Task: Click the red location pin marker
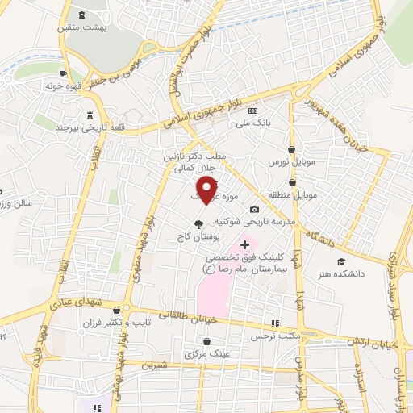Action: [207, 190]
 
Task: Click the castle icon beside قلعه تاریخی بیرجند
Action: [90, 115]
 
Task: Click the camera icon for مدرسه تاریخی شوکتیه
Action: [254, 210]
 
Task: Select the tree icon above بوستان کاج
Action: [198, 225]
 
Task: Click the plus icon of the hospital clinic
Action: [245, 244]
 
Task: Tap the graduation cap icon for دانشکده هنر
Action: [341, 262]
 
